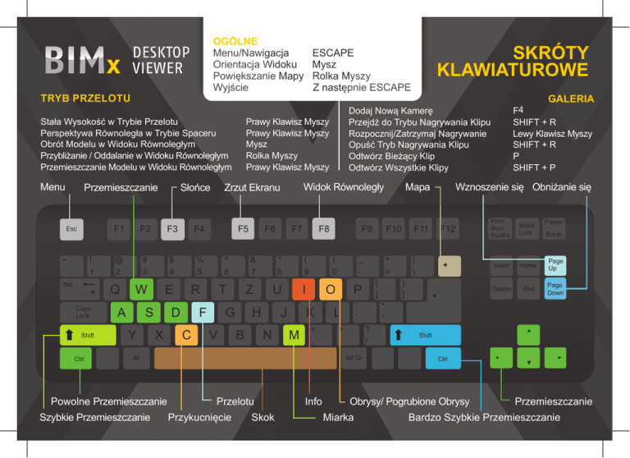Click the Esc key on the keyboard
[73, 230]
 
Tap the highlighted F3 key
[172, 230]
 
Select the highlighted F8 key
[324, 230]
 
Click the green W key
[142, 290]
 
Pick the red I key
[304, 290]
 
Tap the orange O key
[330, 290]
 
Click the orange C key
[187, 335]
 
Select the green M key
[293, 335]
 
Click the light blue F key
[202, 313]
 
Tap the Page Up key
[555, 266]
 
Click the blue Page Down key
[555, 290]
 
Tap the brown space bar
[244, 358]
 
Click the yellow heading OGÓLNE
[235, 40]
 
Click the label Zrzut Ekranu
[253, 188]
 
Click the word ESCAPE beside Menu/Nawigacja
[333, 53]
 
